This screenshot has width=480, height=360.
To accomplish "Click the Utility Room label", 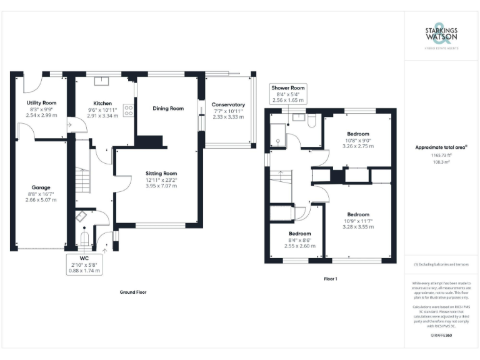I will [41, 102].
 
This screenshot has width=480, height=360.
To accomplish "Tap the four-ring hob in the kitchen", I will [129, 110].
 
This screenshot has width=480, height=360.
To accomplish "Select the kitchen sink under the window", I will [102, 81].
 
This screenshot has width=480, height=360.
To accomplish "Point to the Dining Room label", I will [168, 108].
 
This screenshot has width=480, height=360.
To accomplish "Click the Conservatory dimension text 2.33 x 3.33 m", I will [228, 117].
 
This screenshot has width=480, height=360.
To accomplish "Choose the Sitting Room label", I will [161, 173].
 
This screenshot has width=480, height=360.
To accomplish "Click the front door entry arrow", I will [105, 250].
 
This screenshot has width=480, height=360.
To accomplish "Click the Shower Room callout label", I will [288, 94].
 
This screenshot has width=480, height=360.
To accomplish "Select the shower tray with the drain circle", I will [277, 137].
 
